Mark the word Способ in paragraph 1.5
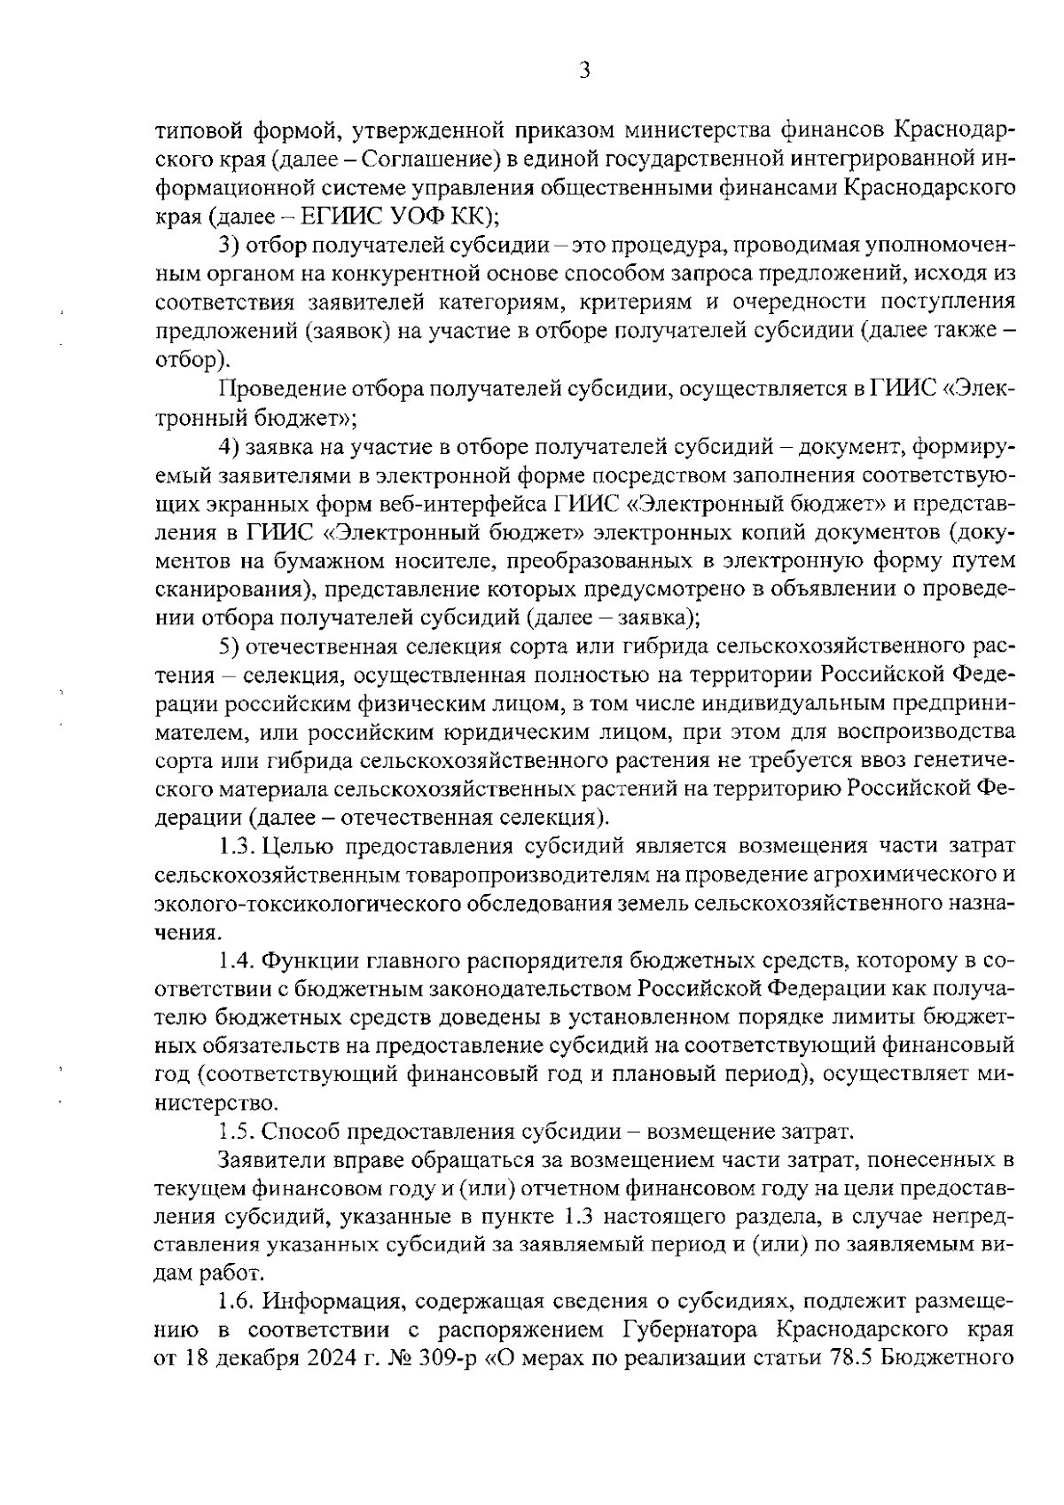pos(304,1133)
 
